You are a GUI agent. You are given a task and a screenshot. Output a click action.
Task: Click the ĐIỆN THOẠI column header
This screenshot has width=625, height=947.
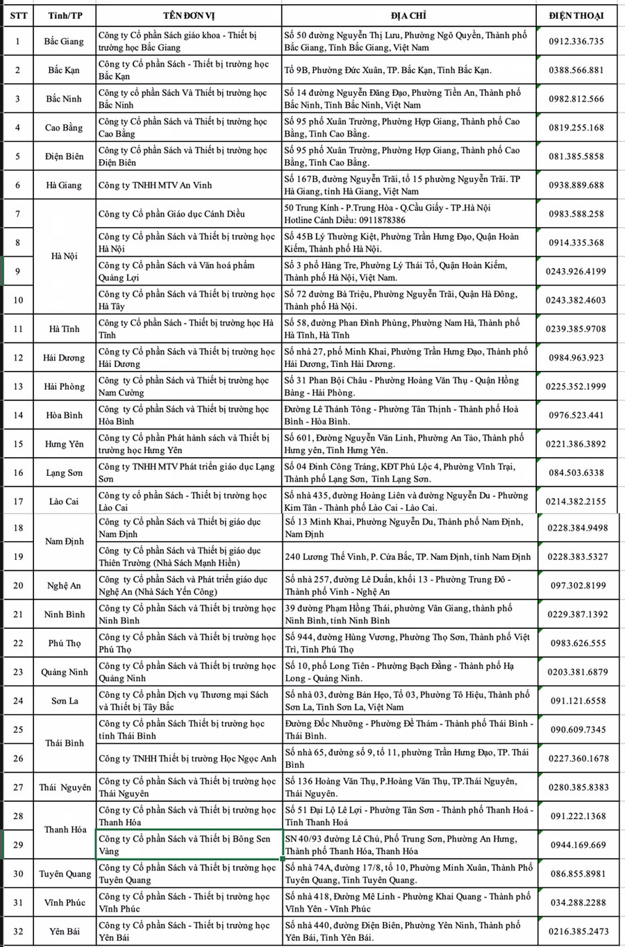[576, 15]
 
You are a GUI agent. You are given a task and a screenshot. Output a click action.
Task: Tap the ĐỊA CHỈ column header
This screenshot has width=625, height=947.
[409, 15]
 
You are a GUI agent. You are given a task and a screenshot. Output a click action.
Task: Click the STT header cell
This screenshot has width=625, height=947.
[19, 15]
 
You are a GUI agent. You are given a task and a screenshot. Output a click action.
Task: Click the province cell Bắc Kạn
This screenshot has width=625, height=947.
[64, 70]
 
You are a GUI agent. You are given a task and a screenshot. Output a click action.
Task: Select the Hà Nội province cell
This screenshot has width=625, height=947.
[64, 256]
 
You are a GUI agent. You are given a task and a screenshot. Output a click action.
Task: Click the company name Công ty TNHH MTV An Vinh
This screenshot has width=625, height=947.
[155, 185]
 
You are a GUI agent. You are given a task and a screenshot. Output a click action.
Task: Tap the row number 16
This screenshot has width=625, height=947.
[18, 472]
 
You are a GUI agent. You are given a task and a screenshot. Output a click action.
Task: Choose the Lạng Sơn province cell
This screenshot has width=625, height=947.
[64, 472]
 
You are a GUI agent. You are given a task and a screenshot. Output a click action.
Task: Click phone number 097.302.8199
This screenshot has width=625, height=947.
[577, 586]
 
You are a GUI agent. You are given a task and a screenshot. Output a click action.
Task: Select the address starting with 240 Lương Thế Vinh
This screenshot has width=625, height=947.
[408, 557]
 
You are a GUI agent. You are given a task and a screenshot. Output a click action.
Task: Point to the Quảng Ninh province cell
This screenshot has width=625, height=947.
[64, 672]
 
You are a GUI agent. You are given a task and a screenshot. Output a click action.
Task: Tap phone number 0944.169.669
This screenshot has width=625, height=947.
[577, 845]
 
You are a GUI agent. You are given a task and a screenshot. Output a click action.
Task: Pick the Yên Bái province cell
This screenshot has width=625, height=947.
[64, 931]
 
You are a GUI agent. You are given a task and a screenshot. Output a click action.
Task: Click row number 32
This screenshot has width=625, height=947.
[18, 931]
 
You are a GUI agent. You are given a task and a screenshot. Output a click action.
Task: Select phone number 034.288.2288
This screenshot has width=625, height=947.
[577, 903]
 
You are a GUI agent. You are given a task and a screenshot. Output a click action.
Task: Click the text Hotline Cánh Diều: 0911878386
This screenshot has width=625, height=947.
[344, 220]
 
